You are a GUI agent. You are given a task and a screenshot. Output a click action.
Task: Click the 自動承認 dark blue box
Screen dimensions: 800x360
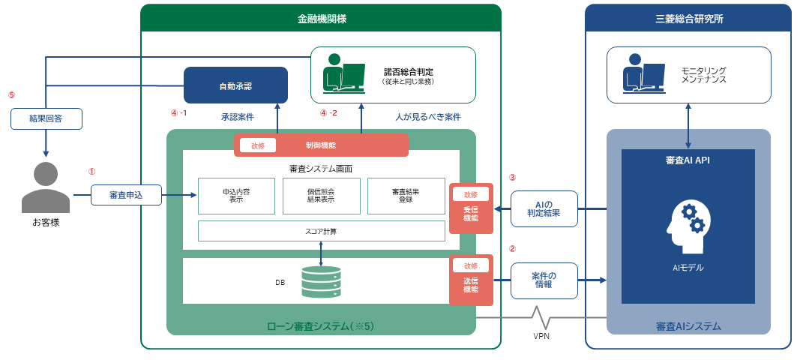(x=235, y=85)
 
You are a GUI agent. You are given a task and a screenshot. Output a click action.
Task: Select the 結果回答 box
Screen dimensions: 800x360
(x=46, y=119)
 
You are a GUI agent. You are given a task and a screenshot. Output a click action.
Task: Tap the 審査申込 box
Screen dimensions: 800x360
(x=126, y=195)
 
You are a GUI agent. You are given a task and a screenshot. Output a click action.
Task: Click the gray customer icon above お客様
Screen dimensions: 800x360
(x=46, y=187)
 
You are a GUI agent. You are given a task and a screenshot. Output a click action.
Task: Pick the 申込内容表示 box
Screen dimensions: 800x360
(x=236, y=196)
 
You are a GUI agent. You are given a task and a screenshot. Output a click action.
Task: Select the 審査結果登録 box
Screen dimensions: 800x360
(x=406, y=196)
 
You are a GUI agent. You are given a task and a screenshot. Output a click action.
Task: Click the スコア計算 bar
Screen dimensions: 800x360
(x=322, y=231)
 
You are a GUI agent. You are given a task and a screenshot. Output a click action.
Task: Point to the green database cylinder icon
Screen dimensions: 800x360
(x=321, y=282)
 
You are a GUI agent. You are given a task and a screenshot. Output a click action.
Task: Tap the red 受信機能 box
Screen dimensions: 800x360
(x=471, y=208)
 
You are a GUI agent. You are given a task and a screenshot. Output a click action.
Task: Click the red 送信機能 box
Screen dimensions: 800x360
(x=471, y=280)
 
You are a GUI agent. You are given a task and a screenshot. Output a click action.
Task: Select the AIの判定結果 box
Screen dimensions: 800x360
(x=544, y=208)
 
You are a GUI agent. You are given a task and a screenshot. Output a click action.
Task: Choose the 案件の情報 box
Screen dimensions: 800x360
(x=544, y=280)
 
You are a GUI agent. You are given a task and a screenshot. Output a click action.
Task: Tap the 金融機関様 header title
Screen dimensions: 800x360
(x=322, y=19)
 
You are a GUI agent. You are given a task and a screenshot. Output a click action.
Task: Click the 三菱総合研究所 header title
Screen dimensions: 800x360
(x=689, y=19)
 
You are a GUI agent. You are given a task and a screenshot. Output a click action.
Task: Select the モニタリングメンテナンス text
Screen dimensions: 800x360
(x=703, y=75)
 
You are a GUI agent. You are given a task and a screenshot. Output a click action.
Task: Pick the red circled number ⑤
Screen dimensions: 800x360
(x=12, y=94)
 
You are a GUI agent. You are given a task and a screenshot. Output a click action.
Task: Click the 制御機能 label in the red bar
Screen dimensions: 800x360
(x=320, y=145)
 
